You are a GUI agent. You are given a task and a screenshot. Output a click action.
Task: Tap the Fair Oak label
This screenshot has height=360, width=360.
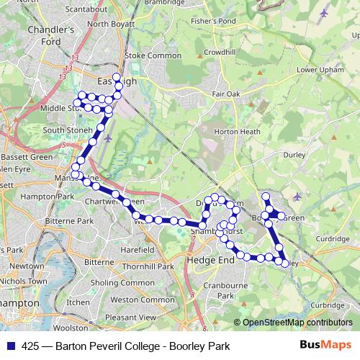[226, 94]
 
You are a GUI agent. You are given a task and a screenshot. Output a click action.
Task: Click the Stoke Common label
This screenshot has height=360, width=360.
[153, 55]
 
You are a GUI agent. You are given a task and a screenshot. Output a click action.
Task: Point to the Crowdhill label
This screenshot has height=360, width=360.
[220, 52]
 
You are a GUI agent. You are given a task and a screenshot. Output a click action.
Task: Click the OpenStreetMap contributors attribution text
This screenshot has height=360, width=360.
[297, 323]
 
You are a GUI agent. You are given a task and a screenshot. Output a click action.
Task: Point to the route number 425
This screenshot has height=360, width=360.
[30, 346]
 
